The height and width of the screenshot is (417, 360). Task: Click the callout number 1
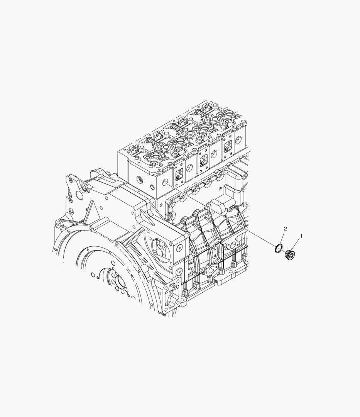click(301, 236)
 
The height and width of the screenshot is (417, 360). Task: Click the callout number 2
click(286, 229)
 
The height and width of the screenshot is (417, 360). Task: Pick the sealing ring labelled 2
click(278, 248)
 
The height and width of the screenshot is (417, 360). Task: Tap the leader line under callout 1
click(296, 245)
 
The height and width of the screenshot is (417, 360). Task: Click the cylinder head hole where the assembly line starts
click(165, 182)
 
